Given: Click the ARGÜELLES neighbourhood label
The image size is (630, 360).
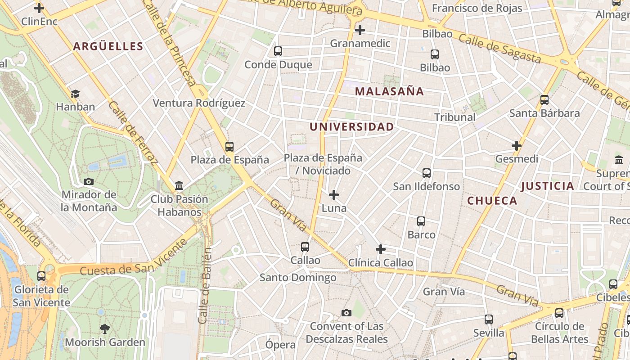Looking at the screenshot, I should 108,46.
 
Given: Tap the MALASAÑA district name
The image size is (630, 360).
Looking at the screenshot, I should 389,91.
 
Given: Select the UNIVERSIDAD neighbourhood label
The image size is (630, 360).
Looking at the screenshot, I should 351,127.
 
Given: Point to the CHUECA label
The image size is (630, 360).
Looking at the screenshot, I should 492,201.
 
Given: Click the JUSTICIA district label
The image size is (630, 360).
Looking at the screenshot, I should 547,186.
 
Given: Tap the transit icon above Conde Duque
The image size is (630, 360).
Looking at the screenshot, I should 278,51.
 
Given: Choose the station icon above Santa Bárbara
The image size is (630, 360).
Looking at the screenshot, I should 544,100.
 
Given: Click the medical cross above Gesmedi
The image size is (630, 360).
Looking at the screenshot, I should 516,146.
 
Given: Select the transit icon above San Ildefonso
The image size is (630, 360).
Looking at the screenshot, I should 426,173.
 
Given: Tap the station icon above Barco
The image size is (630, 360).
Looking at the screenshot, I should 421,221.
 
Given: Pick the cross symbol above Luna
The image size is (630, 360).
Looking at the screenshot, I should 334,195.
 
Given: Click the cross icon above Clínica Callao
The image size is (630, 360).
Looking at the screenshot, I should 381,249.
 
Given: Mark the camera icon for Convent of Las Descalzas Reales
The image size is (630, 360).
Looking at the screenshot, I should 346,313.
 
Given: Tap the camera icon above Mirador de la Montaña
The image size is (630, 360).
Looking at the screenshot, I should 89,182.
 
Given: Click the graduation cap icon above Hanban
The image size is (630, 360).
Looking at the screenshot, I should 75,94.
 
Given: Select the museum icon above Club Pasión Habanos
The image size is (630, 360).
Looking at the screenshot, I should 179,185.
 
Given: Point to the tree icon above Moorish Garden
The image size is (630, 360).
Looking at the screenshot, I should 105,329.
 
